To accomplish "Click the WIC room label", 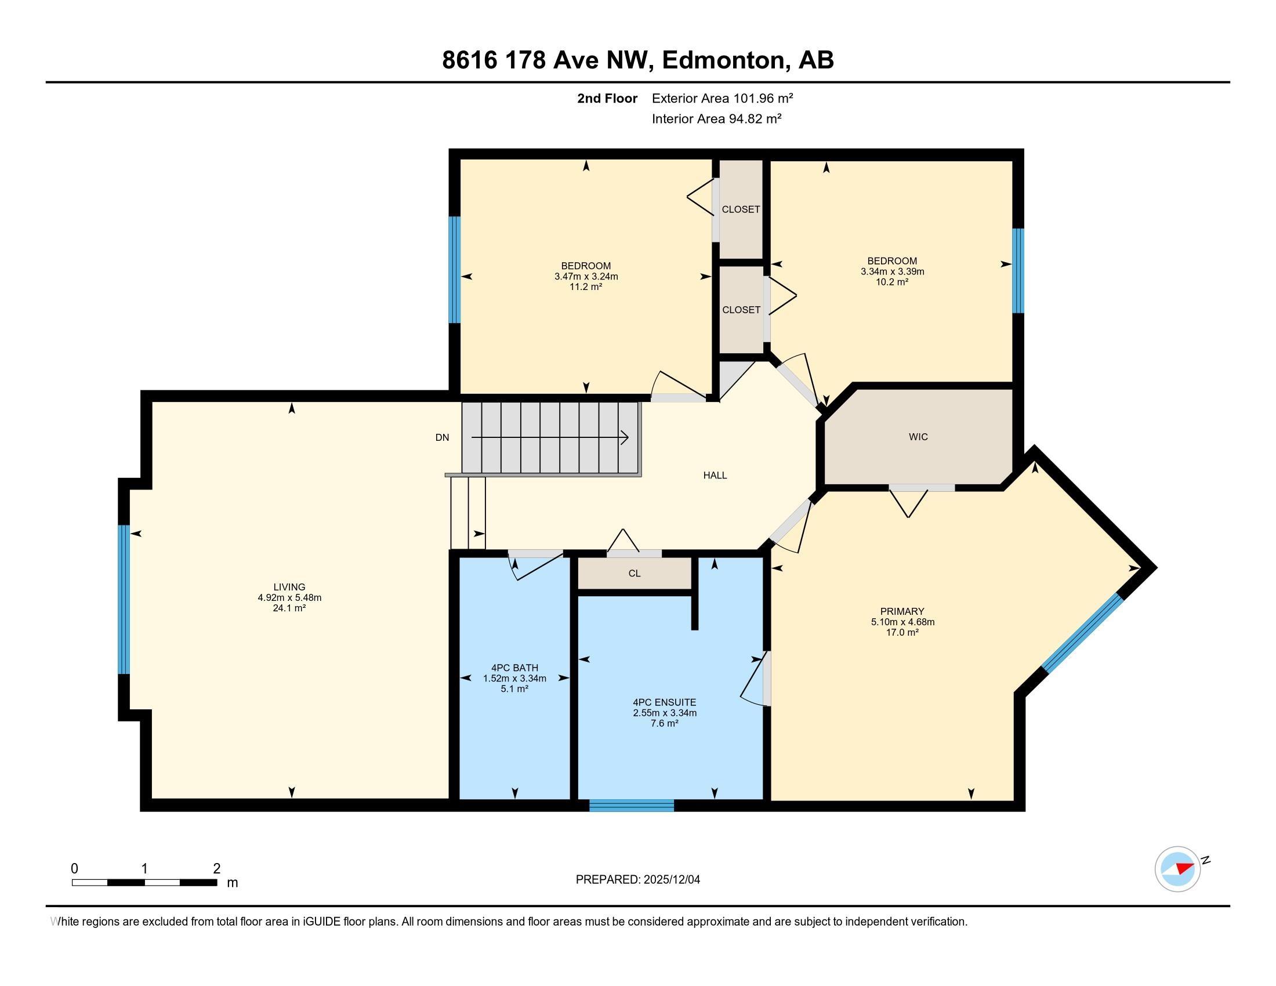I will [918, 437].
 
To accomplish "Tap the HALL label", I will [715, 476].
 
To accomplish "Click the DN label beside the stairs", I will [443, 437].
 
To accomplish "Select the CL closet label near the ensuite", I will [635, 574].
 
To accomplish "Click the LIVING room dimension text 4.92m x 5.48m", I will [289, 597].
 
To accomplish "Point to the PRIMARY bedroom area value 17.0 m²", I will [902, 633].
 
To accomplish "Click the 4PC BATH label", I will [514, 668].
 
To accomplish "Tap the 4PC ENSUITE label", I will [664, 702].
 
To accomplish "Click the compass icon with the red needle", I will [1177, 869].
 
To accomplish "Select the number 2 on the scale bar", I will [217, 869].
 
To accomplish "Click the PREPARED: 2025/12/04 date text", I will [637, 880].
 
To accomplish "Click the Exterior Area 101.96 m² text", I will [722, 98].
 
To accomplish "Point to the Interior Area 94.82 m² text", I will [716, 119].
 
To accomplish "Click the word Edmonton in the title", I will [723, 60].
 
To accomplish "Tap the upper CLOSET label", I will [740, 209].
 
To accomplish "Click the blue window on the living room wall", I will [124, 599].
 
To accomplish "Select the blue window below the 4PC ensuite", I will [632, 806].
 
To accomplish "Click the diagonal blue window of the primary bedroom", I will [1083, 633].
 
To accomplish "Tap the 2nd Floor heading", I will [607, 98].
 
